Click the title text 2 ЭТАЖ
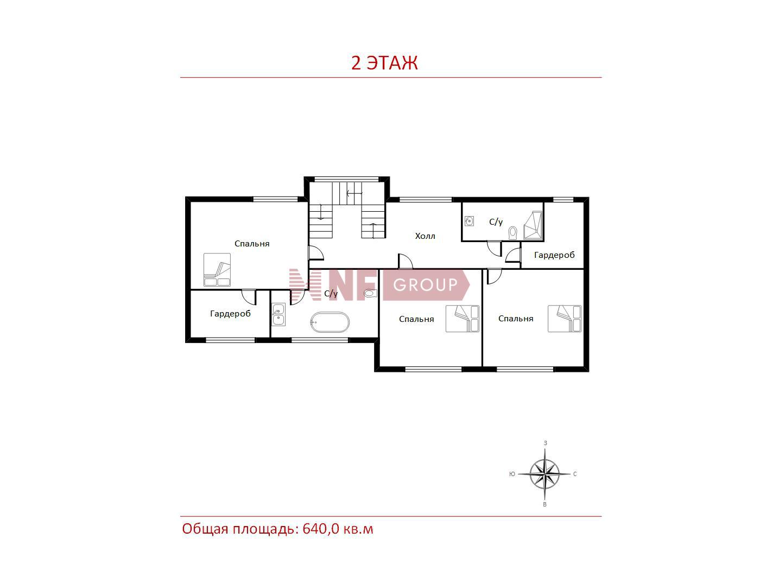pos(384,63)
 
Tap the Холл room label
pos(425,236)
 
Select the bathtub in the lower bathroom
pos(330,322)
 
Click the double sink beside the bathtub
pos(278,314)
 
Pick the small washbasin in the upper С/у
pos(469,221)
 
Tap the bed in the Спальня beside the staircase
pos(217,270)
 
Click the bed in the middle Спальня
pos(462,319)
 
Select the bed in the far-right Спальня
pos(565,319)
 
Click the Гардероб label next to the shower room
pos(554,255)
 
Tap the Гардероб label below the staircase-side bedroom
pos(230,314)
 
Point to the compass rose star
pos(544,474)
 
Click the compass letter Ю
pos(512,474)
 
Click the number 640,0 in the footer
pos(321,529)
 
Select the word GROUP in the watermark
pos(425,285)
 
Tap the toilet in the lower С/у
pos(370,294)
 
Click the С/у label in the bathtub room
pos(331,294)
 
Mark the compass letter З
pos(546,443)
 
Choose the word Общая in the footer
pos(205,529)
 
